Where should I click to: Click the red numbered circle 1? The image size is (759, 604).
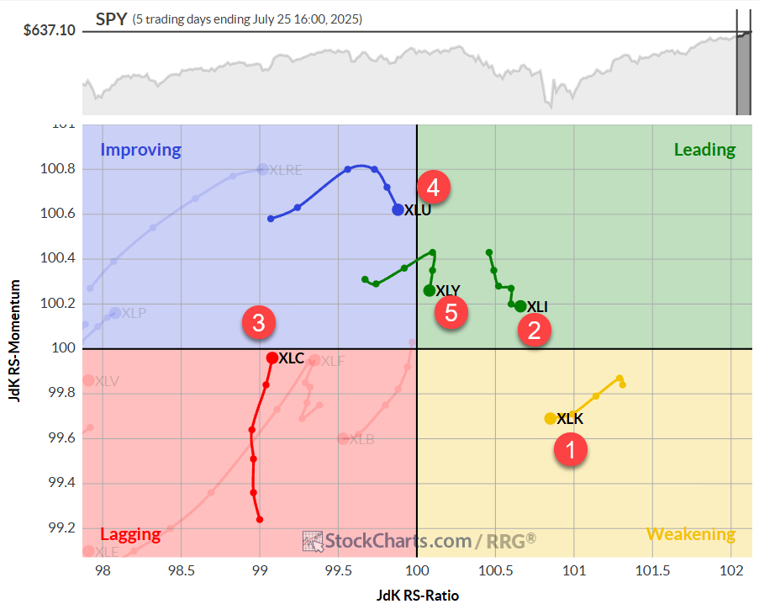[x=571, y=450]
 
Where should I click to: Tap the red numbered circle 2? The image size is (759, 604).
[x=534, y=330]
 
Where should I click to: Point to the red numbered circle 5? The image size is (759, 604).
[x=451, y=313]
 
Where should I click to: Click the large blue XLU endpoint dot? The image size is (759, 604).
[x=398, y=210]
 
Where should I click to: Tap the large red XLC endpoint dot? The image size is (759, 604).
[x=272, y=358]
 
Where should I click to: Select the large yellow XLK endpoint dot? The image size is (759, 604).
[x=551, y=418]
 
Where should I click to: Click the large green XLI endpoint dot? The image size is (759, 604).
[x=520, y=306]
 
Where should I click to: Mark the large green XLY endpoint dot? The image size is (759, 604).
[x=430, y=290]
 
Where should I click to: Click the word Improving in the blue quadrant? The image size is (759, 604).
[x=140, y=151]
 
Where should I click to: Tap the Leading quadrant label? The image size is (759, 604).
[x=704, y=150]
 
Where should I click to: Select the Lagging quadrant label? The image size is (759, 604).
[x=130, y=534]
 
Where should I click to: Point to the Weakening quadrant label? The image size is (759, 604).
[x=690, y=534]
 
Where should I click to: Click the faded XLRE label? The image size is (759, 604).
[x=286, y=170]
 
